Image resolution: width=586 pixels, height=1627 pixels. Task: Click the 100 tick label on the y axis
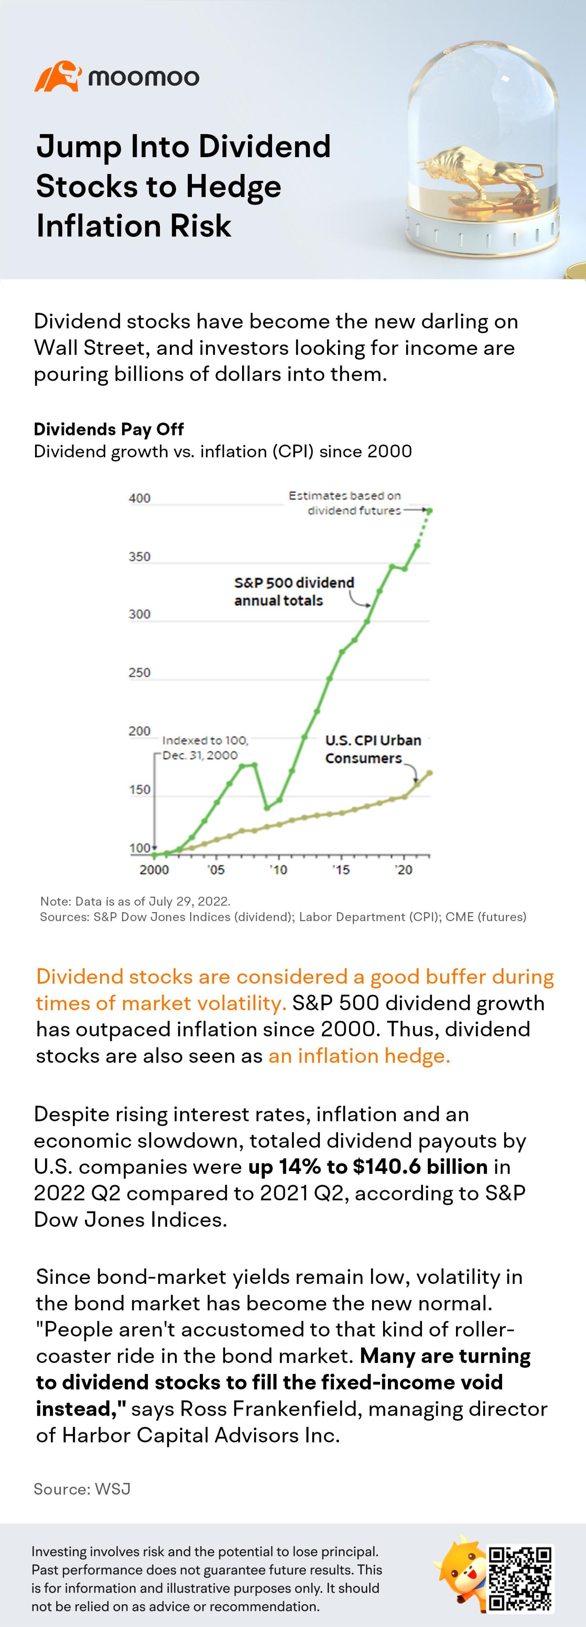point(140,848)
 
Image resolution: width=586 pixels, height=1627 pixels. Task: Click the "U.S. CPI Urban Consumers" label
point(372,749)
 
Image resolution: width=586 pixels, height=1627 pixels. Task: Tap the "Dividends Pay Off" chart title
point(109,430)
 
